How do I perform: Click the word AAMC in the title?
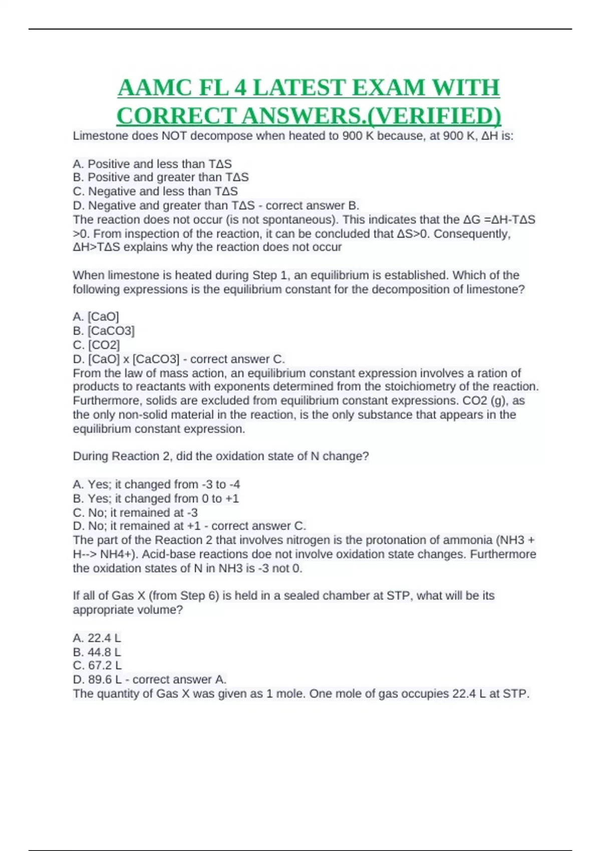(x=155, y=88)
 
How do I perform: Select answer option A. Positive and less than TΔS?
(x=152, y=164)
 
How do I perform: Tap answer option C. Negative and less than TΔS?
(x=155, y=191)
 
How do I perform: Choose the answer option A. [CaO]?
(x=96, y=316)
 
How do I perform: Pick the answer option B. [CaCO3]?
(x=104, y=330)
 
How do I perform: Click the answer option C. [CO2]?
(x=97, y=345)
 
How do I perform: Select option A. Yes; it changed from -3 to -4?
(x=156, y=484)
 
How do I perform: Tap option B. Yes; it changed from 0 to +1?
(x=156, y=498)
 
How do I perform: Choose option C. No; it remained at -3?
(x=135, y=513)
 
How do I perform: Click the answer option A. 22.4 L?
(x=97, y=638)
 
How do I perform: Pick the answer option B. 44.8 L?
(x=97, y=652)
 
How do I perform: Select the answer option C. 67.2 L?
(x=97, y=665)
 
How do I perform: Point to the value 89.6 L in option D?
(x=105, y=679)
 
